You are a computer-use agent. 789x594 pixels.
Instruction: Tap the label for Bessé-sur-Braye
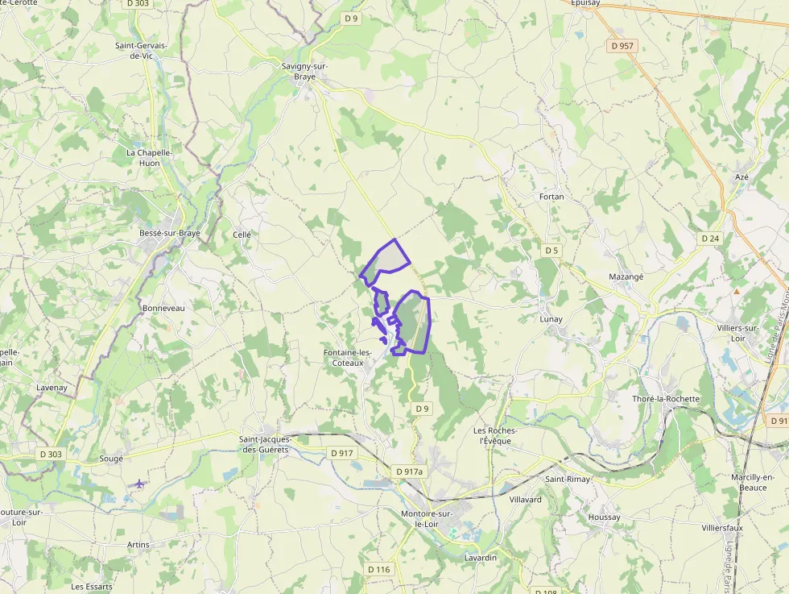[169, 234]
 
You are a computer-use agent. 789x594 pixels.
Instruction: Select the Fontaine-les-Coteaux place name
[347, 358]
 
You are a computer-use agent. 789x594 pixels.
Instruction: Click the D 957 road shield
[623, 46]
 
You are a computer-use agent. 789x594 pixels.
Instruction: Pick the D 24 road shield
[709, 239]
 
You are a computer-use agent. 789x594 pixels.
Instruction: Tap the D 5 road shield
[551, 251]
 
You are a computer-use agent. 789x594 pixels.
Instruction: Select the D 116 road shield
[378, 570]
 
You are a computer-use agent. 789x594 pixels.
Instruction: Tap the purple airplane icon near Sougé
[139, 484]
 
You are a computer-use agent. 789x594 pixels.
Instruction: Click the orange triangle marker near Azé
[736, 291]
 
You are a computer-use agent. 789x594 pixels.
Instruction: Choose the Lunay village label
[551, 319]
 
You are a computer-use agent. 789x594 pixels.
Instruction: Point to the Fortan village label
[551, 197]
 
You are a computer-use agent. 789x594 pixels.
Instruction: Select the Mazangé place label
[626, 276]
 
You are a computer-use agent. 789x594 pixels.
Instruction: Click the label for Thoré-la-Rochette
[666, 399]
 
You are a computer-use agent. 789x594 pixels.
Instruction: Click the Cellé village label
[242, 235]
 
